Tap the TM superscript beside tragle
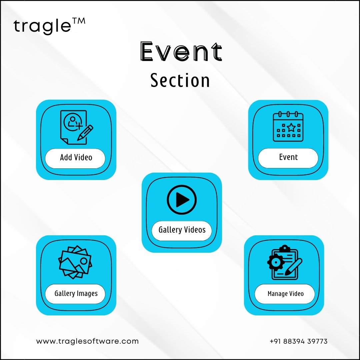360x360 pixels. pyautogui.click(x=79, y=21)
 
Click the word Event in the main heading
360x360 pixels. pyautogui.click(x=181, y=51)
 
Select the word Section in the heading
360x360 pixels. pyautogui.click(x=180, y=80)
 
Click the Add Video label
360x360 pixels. pyautogui.click(x=76, y=157)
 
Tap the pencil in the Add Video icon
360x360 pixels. pyautogui.click(x=85, y=133)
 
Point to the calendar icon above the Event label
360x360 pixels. pyautogui.click(x=288, y=126)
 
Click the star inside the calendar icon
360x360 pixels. pyautogui.click(x=291, y=127)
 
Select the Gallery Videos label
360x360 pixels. pyautogui.click(x=182, y=230)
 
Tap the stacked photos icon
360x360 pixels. pyautogui.click(x=75, y=262)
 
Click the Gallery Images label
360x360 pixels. pyautogui.click(x=76, y=294)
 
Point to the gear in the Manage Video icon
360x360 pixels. pyautogui.click(x=276, y=262)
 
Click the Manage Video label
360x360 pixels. pyautogui.click(x=286, y=294)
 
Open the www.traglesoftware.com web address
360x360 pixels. pyautogui.click(x=87, y=341)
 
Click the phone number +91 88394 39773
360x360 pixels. pyautogui.click(x=298, y=341)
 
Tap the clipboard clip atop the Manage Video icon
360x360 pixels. pyautogui.click(x=285, y=248)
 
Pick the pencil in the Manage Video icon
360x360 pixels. pyautogui.click(x=293, y=267)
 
